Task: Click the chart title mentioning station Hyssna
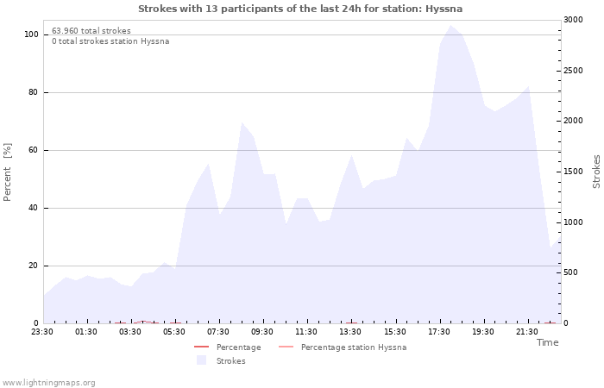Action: (x=300, y=9)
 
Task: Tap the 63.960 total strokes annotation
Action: (x=91, y=31)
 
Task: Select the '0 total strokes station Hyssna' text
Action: (x=110, y=41)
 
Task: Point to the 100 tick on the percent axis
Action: (x=31, y=34)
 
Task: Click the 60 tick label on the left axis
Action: (x=34, y=150)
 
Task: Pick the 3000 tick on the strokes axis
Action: (x=573, y=20)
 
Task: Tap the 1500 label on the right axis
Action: (x=573, y=172)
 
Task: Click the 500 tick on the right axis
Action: (x=570, y=272)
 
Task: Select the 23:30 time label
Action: (x=42, y=332)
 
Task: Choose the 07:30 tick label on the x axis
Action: (x=218, y=332)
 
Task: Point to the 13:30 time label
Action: (x=350, y=332)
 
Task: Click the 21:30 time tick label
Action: (x=526, y=332)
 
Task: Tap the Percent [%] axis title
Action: (x=7, y=172)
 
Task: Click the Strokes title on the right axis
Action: (x=596, y=172)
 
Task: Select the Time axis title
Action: (x=547, y=342)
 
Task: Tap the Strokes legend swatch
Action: (x=201, y=360)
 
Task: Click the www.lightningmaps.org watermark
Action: (x=48, y=383)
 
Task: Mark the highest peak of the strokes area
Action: (x=450, y=25)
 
